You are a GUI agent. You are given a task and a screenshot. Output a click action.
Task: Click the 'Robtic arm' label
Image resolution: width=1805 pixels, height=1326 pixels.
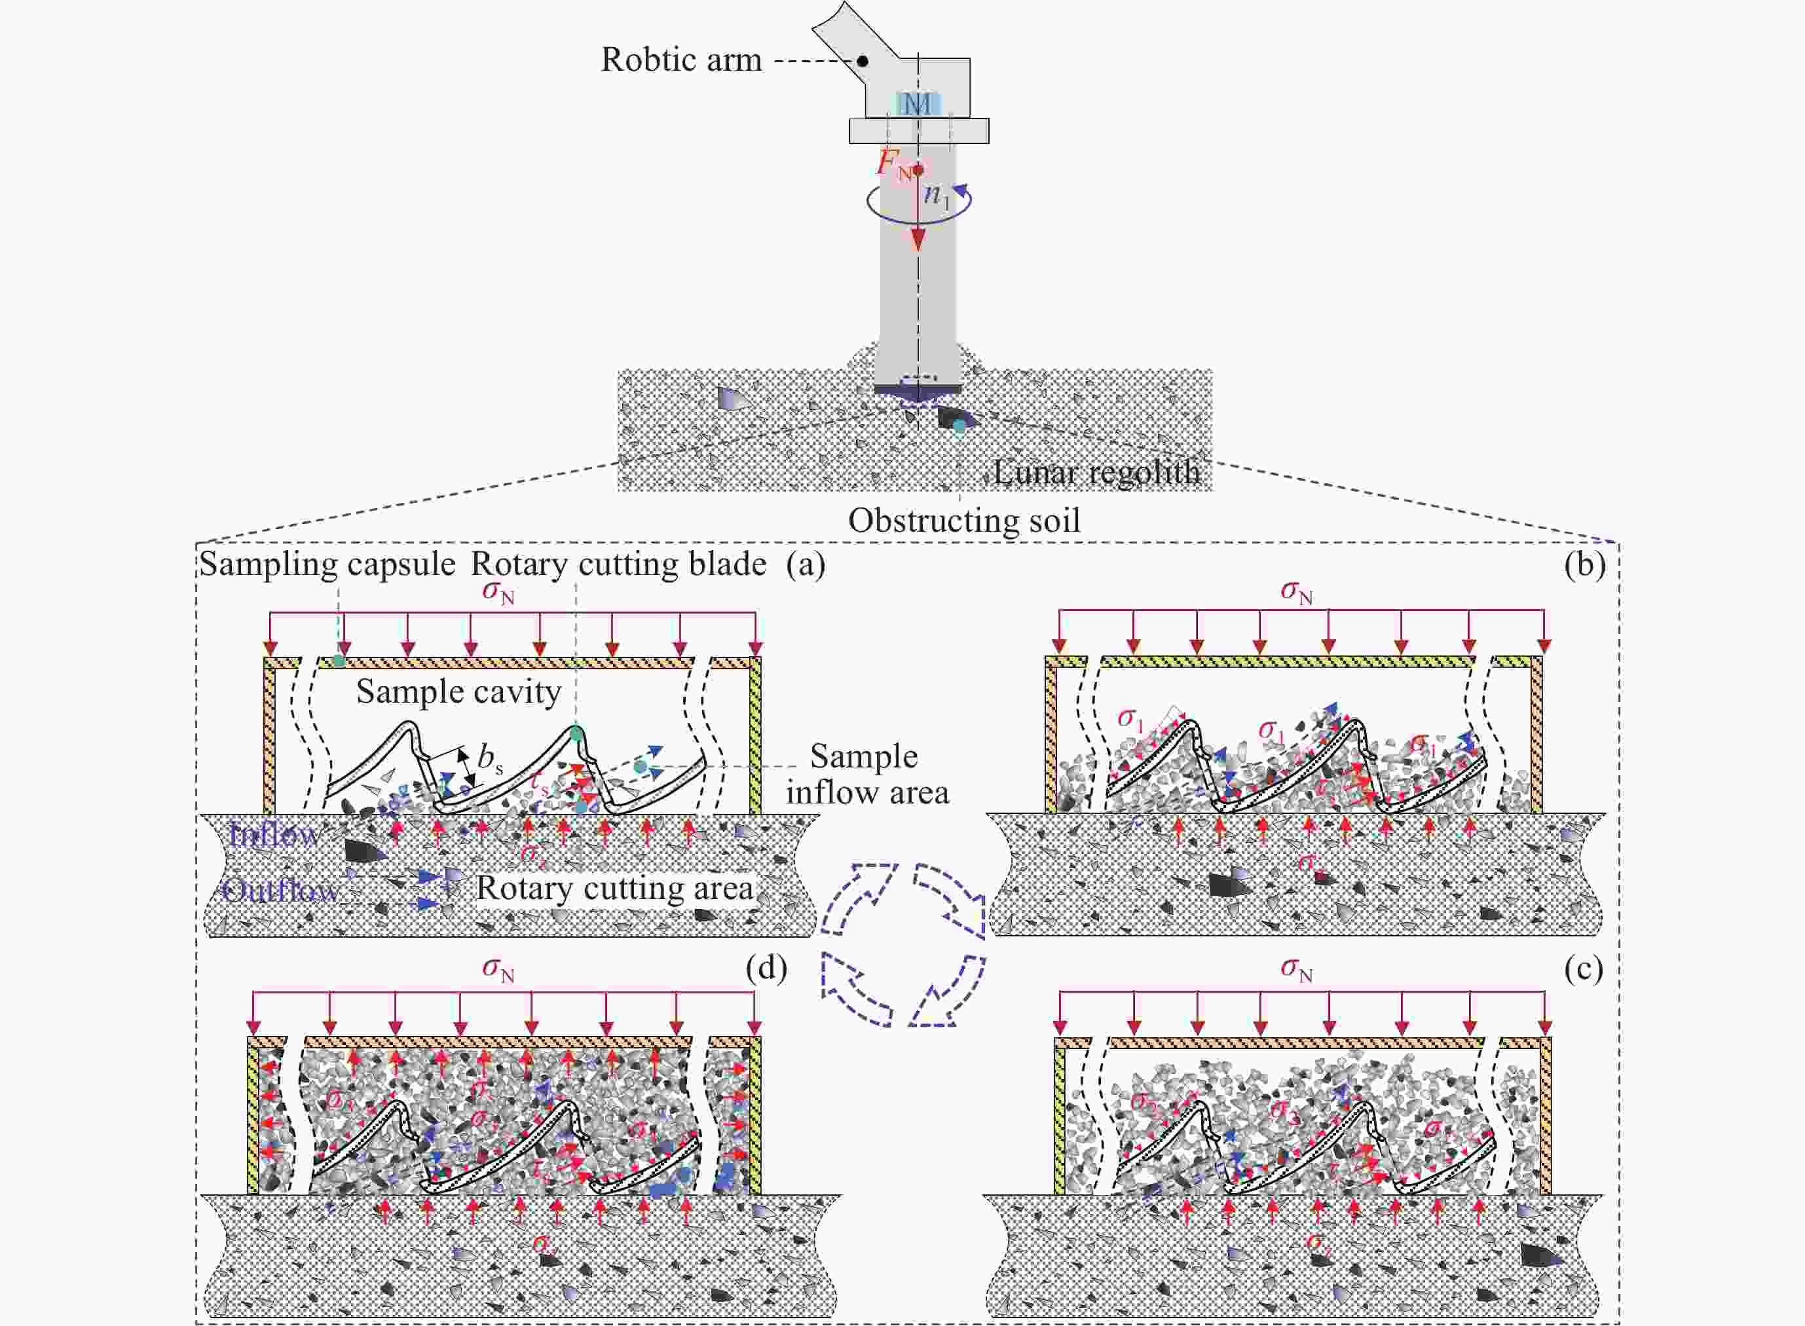681,60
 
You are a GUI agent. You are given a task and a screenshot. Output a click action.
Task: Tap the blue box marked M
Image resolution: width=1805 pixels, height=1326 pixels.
918,103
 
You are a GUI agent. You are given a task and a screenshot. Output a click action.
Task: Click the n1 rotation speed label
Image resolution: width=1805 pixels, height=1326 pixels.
936,195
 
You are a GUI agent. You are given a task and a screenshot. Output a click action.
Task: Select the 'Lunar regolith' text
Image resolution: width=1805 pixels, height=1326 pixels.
1096,472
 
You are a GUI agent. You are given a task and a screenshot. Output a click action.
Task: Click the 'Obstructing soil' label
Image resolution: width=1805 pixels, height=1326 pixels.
964,520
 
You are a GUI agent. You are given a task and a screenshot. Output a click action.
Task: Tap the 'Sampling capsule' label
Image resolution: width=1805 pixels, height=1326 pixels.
327,564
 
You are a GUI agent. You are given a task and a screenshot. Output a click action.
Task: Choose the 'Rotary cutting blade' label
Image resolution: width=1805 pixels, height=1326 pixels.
618,564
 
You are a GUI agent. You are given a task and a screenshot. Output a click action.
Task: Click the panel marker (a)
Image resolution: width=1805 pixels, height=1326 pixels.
806,564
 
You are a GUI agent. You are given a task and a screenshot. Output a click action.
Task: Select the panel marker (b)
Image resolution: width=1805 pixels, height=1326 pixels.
1585,564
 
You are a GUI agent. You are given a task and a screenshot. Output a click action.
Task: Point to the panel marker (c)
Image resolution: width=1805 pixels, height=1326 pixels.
1584,970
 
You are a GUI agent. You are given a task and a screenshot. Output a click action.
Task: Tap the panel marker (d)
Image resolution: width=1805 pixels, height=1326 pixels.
766,968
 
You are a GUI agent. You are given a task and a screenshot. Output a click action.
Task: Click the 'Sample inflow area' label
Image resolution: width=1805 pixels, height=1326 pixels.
866,774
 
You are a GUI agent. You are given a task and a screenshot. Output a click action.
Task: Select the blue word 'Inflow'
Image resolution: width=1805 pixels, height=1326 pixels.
273,836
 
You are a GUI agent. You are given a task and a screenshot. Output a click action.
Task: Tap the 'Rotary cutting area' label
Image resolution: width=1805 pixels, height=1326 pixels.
615,888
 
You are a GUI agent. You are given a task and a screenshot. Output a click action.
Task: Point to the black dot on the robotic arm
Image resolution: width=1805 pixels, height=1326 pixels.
863,61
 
